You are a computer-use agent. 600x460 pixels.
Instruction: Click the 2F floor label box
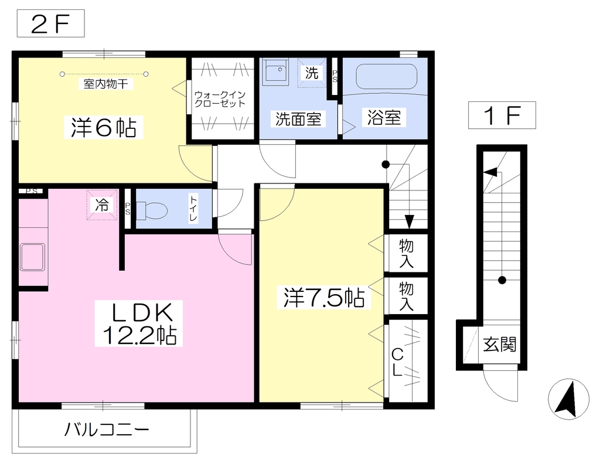click(x=50, y=23)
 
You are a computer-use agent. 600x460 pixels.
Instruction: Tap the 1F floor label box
click(x=502, y=115)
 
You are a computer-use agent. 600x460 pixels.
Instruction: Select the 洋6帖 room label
click(x=103, y=127)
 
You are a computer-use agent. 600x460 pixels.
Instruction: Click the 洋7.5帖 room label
click(x=323, y=297)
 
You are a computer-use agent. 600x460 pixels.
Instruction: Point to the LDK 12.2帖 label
click(x=139, y=323)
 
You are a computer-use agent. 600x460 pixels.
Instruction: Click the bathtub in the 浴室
click(x=386, y=77)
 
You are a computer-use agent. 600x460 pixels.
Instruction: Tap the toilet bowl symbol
click(x=152, y=210)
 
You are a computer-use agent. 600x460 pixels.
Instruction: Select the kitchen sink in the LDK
click(x=33, y=257)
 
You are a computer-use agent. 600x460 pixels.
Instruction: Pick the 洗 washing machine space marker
click(x=312, y=73)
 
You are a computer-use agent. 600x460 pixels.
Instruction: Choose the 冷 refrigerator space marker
click(x=102, y=205)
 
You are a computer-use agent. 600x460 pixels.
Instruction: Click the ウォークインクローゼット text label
click(x=220, y=99)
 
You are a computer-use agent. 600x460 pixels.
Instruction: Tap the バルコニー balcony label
click(x=107, y=430)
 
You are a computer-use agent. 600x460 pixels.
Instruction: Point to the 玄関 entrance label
click(x=499, y=345)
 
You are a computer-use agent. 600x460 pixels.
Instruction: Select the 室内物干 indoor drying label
click(x=105, y=83)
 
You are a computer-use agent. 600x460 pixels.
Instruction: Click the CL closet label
click(x=397, y=362)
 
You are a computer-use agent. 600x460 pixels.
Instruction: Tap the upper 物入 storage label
click(x=406, y=253)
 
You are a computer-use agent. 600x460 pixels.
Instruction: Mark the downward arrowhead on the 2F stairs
click(x=410, y=222)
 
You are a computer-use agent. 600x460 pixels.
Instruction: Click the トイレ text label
click(x=193, y=209)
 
